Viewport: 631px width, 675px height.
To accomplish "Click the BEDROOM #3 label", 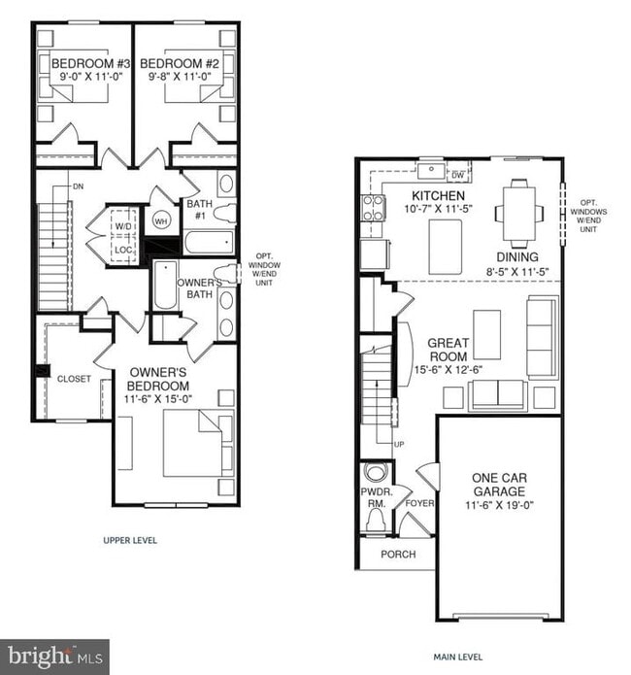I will (83, 65).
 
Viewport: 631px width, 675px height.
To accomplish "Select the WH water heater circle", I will (160, 220).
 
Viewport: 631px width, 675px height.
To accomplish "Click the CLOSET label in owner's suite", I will (74, 379).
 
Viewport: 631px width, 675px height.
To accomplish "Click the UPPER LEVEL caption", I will (130, 540).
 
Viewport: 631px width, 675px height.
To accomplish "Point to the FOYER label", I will (419, 503).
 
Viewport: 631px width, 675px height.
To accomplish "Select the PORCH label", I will (397, 554).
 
